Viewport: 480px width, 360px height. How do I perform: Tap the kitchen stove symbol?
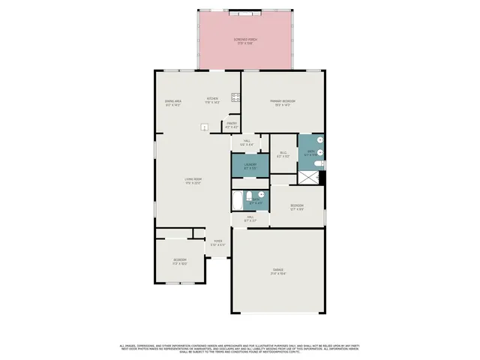[235, 96]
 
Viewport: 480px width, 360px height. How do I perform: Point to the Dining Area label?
[173, 103]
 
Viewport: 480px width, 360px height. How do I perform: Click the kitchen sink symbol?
[204, 127]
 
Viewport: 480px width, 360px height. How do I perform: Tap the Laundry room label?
[250, 165]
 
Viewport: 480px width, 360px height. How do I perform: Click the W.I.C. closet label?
[283, 155]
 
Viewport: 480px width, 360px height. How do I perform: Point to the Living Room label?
[193, 180]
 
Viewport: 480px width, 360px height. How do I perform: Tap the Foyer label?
[217, 242]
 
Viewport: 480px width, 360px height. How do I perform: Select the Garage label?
[278, 271]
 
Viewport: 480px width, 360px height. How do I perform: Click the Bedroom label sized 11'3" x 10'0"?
[179, 262]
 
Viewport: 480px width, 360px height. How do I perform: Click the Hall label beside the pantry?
[248, 142]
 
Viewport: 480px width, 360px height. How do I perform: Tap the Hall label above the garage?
[250, 219]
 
